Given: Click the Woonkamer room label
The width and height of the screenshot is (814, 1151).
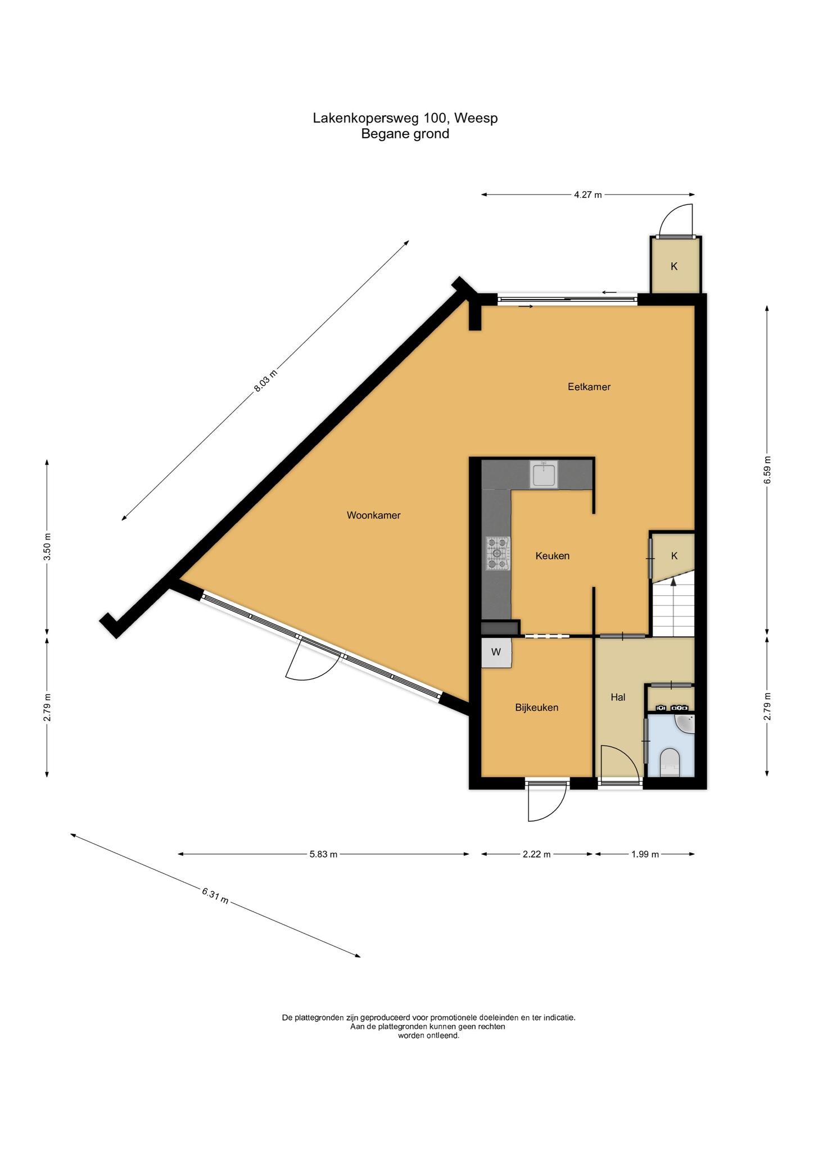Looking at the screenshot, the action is tap(373, 515).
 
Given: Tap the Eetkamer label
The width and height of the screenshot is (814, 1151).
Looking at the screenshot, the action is tap(589, 387).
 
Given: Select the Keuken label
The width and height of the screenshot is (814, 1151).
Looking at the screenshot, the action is tap(553, 556).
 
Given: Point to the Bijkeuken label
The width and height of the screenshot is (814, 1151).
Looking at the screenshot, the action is tap(537, 708).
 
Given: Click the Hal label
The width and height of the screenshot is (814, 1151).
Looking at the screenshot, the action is tap(618, 697).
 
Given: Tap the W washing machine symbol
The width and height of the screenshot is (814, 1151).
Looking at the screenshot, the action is tap(496, 652).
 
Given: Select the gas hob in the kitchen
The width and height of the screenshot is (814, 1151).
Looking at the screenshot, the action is tap(498, 554).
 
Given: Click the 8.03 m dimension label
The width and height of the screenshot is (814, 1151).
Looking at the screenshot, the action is tap(266, 381).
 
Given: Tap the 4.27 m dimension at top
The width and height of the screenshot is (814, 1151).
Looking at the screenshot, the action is tap(587, 195).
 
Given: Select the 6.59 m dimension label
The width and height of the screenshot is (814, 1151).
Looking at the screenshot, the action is tap(768, 470).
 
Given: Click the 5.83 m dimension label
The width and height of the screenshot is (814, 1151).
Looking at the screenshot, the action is tap(323, 854).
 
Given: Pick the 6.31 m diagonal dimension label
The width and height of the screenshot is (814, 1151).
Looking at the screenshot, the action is tap(215, 895).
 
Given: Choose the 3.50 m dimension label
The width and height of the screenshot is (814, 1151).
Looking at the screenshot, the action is tap(47, 546).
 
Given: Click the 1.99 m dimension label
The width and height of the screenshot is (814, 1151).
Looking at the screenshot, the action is tap(645, 854).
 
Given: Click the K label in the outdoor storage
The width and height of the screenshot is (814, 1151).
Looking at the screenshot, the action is tap(674, 266).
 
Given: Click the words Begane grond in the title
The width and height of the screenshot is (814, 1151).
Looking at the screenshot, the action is tap(405, 134).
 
